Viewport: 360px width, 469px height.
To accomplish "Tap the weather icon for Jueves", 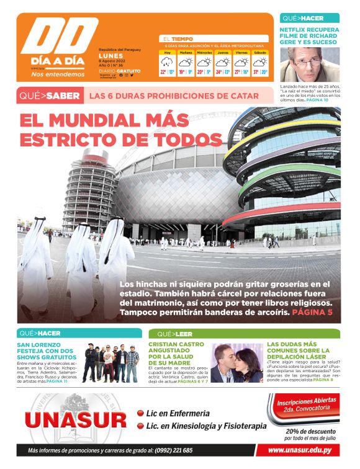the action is click(x=223, y=62).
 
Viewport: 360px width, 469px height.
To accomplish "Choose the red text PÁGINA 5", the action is click(x=312, y=311).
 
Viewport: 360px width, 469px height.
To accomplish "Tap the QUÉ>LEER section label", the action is click(x=174, y=334).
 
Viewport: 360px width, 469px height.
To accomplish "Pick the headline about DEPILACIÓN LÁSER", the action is click(x=297, y=351).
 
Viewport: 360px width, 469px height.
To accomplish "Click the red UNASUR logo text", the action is click(x=74, y=421).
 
